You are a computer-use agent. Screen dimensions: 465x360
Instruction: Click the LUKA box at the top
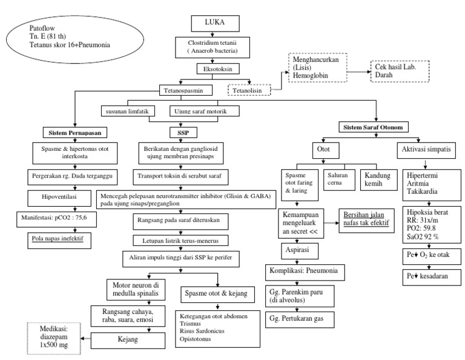click(215, 24)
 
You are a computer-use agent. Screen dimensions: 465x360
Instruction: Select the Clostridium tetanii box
click(213, 47)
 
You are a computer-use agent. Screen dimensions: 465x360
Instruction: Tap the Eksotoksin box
click(218, 69)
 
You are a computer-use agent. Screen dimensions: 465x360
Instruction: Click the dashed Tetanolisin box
click(249, 90)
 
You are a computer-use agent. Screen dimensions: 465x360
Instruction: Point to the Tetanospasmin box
click(186, 90)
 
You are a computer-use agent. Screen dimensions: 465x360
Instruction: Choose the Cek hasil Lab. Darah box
click(400, 72)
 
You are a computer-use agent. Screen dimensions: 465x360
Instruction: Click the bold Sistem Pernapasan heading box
click(75, 133)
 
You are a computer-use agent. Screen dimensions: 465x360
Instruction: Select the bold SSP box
click(183, 133)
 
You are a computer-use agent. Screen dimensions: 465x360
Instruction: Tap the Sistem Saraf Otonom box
click(374, 127)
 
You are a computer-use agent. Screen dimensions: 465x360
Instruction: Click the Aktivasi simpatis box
click(426, 150)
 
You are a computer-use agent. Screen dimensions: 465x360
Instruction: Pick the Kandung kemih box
click(378, 179)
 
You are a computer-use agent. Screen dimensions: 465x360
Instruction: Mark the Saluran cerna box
click(339, 179)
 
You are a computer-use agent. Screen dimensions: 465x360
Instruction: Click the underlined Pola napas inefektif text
click(58, 238)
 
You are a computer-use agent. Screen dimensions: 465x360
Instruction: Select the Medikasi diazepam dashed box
click(54, 338)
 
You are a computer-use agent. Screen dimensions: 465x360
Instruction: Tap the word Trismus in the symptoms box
click(190, 324)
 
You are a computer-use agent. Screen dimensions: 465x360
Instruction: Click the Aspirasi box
click(300, 251)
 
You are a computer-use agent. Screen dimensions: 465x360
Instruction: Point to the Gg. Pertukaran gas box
click(300, 319)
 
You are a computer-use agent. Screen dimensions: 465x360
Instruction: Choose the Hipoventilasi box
click(59, 198)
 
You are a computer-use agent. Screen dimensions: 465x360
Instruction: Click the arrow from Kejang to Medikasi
click(86, 338)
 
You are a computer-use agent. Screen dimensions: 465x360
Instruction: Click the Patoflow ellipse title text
click(70, 36)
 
